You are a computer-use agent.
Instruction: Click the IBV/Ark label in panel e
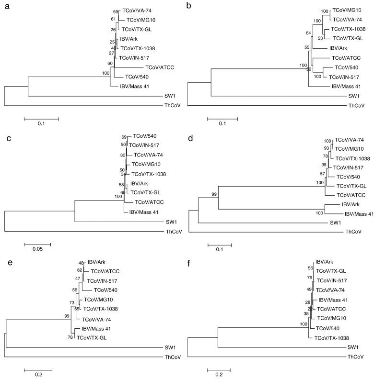coord(95,262)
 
